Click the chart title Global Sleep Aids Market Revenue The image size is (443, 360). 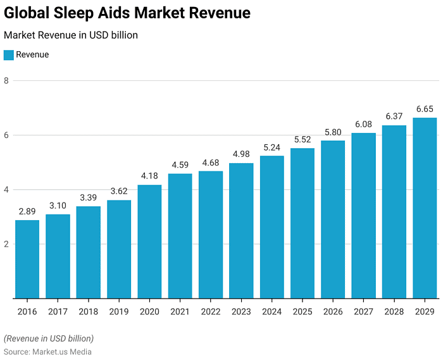click(x=127, y=13)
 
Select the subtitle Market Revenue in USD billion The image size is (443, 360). click(x=71, y=35)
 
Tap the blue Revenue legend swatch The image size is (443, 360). click(x=9, y=55)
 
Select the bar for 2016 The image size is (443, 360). click(x=27, y=259)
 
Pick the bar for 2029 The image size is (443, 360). click(x=425, y=208)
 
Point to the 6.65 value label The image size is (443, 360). click(x=425, y=109)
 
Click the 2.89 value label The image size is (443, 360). click(x=27, y=212)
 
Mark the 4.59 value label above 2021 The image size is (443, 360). click(x=180, y=166)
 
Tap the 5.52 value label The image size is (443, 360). click(x=303, y=140)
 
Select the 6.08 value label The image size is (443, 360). click(x=363, y=125)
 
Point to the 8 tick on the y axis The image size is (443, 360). click(x=6, y=81)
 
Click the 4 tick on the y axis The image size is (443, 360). click(x=6, y=190)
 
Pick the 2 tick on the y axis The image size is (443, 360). click(x=6, y=244)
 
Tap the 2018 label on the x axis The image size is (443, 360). click(x=88, y=311)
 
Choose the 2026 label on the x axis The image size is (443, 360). click(x=333, y=311)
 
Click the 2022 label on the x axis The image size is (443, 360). click(x=211, y=311)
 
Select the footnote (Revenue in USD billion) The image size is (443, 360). click(x=49, y=338)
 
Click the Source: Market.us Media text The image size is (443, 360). click(x=47, y=352)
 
